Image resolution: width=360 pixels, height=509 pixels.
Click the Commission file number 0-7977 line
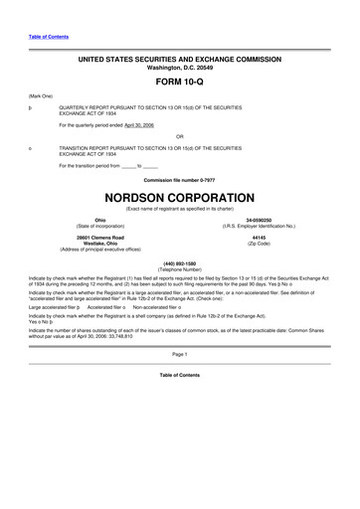pyautogui.click(x=179, y=178)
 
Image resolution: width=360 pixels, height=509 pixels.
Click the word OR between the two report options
pyautogui.click(x=179, y=136)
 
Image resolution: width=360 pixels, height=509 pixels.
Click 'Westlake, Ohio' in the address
pyautogui.click(x=99, y=245)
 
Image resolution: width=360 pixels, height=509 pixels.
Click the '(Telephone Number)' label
pyautogui.click(x=179, y=269)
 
